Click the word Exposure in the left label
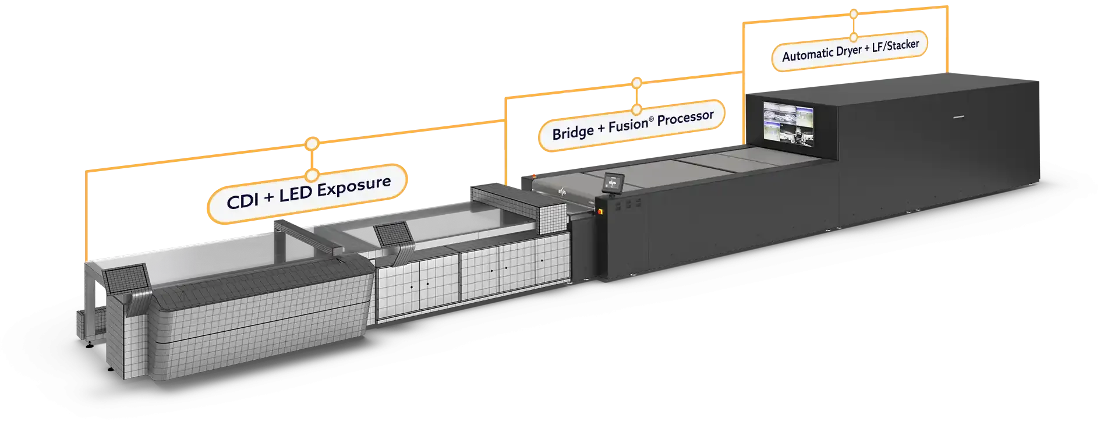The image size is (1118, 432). tap(353, 187)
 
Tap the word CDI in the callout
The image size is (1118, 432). tap(242, 201)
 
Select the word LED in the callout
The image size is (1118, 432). tap(295, 194)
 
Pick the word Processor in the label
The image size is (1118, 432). tap(685, 118)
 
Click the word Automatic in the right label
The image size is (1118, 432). tap(808, 55)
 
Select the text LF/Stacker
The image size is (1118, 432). tap(895, 45)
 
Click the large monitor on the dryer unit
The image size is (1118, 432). tap(788, 123)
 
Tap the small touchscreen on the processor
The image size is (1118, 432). tap(612, 183)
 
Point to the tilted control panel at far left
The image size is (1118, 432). tap(125, 278)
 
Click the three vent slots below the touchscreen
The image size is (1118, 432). tap(628, 205)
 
